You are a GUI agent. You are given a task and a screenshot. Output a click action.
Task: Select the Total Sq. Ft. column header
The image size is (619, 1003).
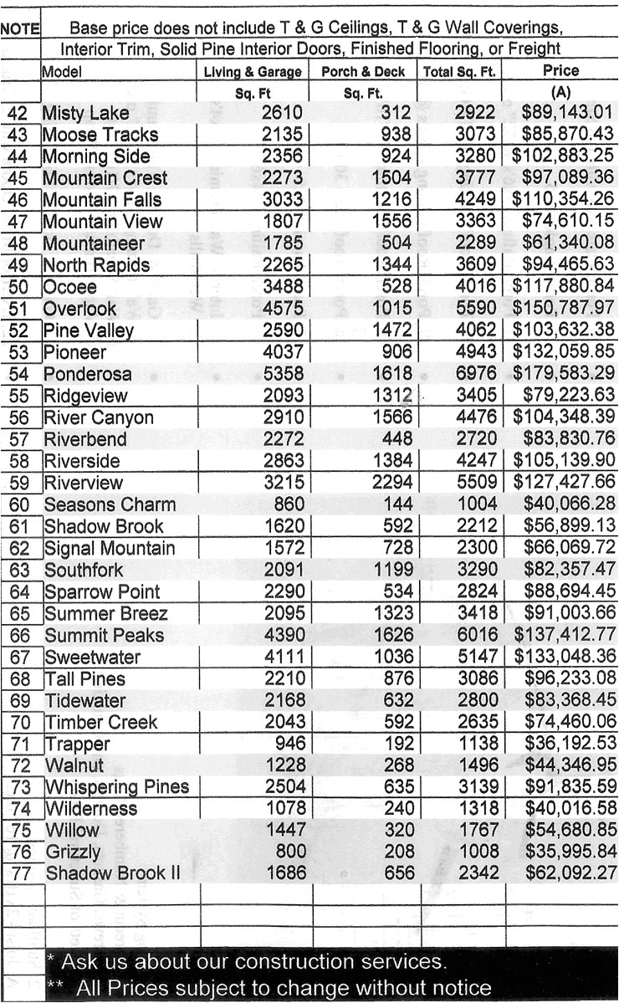(459, 72)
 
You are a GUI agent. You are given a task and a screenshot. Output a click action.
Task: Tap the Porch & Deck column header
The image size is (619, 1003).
(363, 72)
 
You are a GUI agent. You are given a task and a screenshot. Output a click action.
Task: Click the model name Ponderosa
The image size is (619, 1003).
(87, 374)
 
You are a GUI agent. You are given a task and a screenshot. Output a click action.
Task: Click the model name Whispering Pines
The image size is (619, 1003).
(116, 787)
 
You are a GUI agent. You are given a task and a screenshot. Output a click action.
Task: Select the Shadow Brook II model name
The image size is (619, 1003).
(112, 874)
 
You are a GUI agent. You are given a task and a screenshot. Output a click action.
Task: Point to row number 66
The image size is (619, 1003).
(17, 635)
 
